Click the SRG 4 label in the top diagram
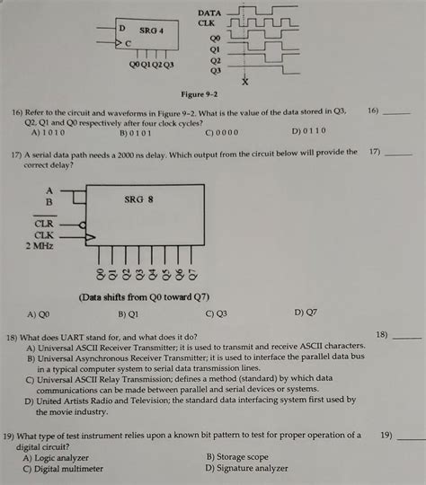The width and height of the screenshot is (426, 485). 151,31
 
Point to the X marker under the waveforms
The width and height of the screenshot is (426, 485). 244,83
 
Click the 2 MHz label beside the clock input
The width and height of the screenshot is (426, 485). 41,246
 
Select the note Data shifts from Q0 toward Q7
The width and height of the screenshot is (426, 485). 144,297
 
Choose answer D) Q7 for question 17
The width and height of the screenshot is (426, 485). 305,313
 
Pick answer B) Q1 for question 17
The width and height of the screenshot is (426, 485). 128,314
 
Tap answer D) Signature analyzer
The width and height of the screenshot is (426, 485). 250,468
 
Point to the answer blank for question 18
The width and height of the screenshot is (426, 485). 407,337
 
